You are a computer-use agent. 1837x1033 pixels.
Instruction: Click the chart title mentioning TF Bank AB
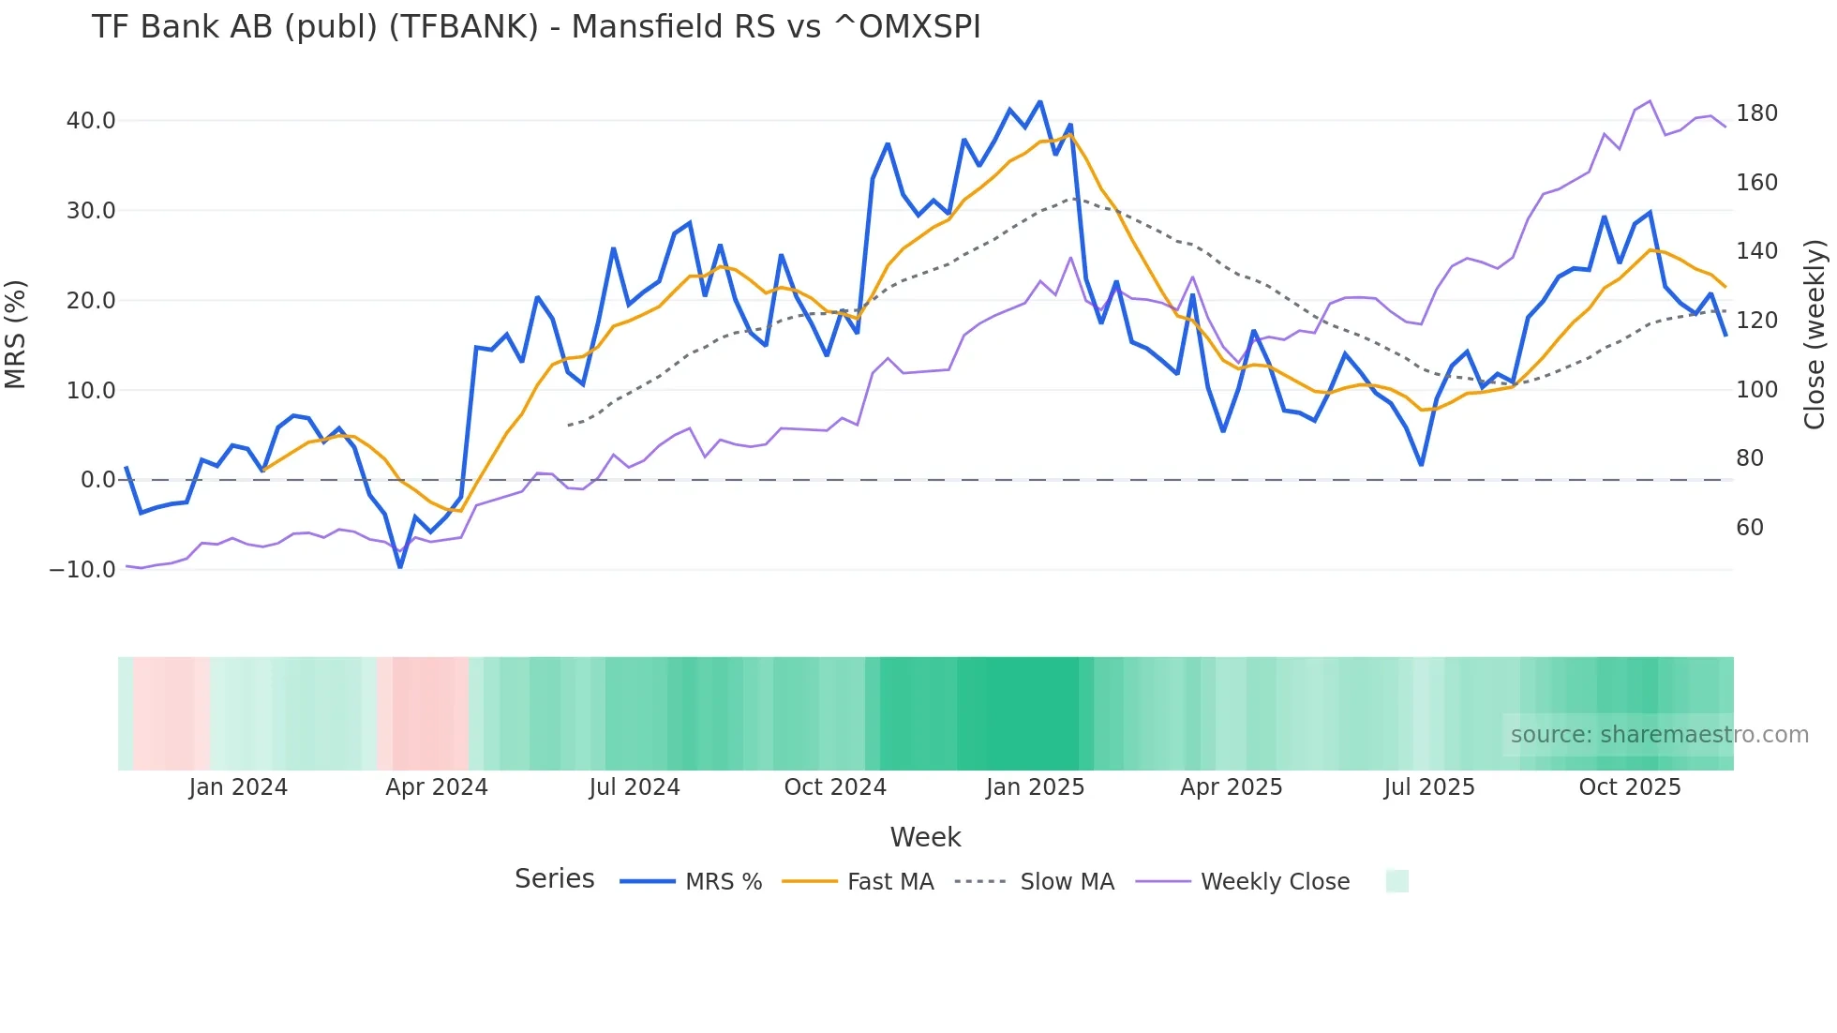click(x=536, y=27)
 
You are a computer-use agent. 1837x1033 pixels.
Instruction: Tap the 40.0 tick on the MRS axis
click(x=91, y=121)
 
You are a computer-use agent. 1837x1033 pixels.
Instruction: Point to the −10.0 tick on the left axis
click(x=83, y=570)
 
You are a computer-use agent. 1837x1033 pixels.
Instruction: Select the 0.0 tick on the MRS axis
click(x=98, y=480)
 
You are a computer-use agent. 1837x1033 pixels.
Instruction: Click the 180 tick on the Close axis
click(x=1756, y=113)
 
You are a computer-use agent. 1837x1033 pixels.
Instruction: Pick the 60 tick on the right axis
click(x=1750, y=528)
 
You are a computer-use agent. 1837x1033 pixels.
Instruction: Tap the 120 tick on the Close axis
click(x=1756, y=321)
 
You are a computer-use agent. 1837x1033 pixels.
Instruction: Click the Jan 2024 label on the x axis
click(x=238, y=787)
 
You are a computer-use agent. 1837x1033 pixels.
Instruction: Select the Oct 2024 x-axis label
click(x=835, y=787)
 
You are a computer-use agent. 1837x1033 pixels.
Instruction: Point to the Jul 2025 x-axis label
click(x=1429, y=787)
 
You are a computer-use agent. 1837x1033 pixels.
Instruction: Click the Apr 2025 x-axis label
click(x=1232, y=787)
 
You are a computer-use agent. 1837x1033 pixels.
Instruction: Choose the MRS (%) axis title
click(x=16, y=335)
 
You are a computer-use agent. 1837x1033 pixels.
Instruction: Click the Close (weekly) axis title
click(x=1815, y=335)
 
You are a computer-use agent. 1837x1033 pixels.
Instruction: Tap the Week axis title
click(x=925, y=837)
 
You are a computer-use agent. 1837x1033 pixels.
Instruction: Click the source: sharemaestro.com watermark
click(x=1659, y=735)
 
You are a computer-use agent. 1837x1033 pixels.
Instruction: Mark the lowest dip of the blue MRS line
click(x=400, y=567)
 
